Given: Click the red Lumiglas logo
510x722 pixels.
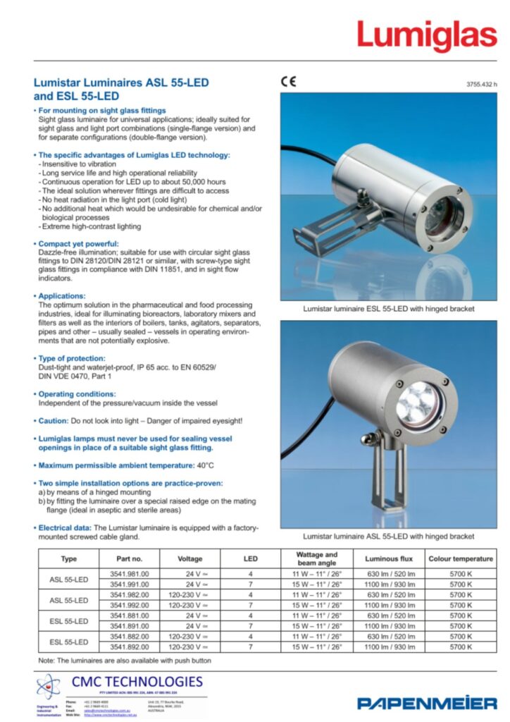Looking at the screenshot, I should pos(426,35).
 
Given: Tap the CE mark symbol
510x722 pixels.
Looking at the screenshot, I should pos(289,81).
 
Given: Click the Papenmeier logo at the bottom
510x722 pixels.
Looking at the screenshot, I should pos(427,702).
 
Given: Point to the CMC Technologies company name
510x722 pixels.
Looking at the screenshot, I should pos(137,682).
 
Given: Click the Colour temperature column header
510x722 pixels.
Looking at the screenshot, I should pos(461,559).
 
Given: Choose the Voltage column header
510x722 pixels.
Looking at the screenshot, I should pos(190,559).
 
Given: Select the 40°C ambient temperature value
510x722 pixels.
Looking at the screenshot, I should pos(206,465).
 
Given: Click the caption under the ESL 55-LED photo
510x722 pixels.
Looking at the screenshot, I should pos(388,309).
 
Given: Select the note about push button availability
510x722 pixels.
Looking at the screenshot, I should pos(124,661).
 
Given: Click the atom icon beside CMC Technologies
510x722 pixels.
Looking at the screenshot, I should pos(49,686).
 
